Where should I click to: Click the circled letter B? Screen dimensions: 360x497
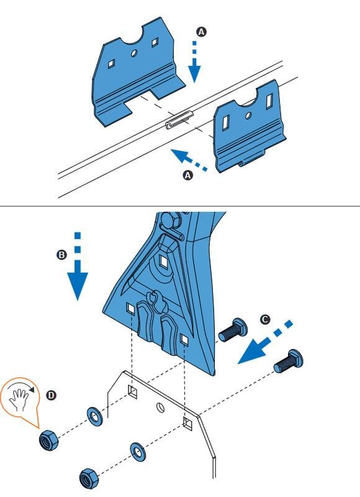coord(61,255)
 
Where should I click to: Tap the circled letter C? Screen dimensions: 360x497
coord(264,319)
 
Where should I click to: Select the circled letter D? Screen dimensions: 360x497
coord(51,395)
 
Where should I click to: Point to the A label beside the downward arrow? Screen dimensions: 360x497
coord(201,32)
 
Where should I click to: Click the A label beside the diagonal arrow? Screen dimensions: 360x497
coord(188,175)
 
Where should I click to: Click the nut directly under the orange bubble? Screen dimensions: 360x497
coord(48,440)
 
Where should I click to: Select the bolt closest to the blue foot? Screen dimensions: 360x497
coord(233,331)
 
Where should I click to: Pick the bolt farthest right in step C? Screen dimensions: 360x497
coord(288,362)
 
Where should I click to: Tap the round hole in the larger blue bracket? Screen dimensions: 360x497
coord(134,53)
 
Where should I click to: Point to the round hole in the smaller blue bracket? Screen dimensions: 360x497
coord(248,115)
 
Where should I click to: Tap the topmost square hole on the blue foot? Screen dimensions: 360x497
coord(164,261)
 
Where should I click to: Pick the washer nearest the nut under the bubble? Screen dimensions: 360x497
coord(94,416)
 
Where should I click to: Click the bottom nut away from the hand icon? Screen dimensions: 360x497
coord(89,478)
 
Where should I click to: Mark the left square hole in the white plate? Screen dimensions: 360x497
coord(133,392)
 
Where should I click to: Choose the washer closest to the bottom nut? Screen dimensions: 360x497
coord(138,452)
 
